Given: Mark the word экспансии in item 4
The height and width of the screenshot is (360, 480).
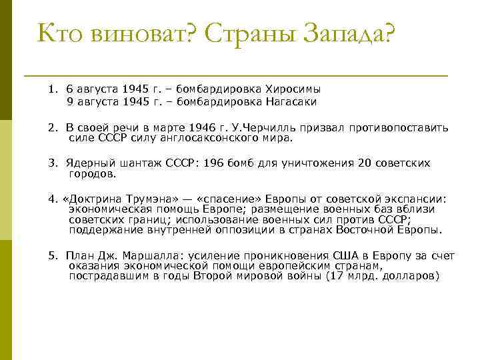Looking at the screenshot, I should (417, 199).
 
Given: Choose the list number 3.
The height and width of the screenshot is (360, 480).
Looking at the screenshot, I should (52, 163).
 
